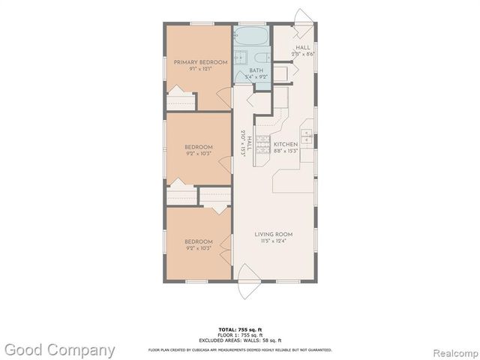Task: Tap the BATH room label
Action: (x=256, y=70)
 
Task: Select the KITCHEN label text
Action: (x=285, y=144)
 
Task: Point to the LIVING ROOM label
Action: (x=272, y=235)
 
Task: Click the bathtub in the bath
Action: (x=253, y=36)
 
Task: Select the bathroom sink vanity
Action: (x=241, y=59)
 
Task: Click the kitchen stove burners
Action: (x=263, y=148)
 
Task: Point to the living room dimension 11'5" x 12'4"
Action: (x=272, y=241)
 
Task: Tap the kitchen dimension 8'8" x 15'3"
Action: (x=285, y=151)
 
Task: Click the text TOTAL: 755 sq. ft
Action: (x=239, y=329)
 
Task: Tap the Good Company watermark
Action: (x=58, y=349)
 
